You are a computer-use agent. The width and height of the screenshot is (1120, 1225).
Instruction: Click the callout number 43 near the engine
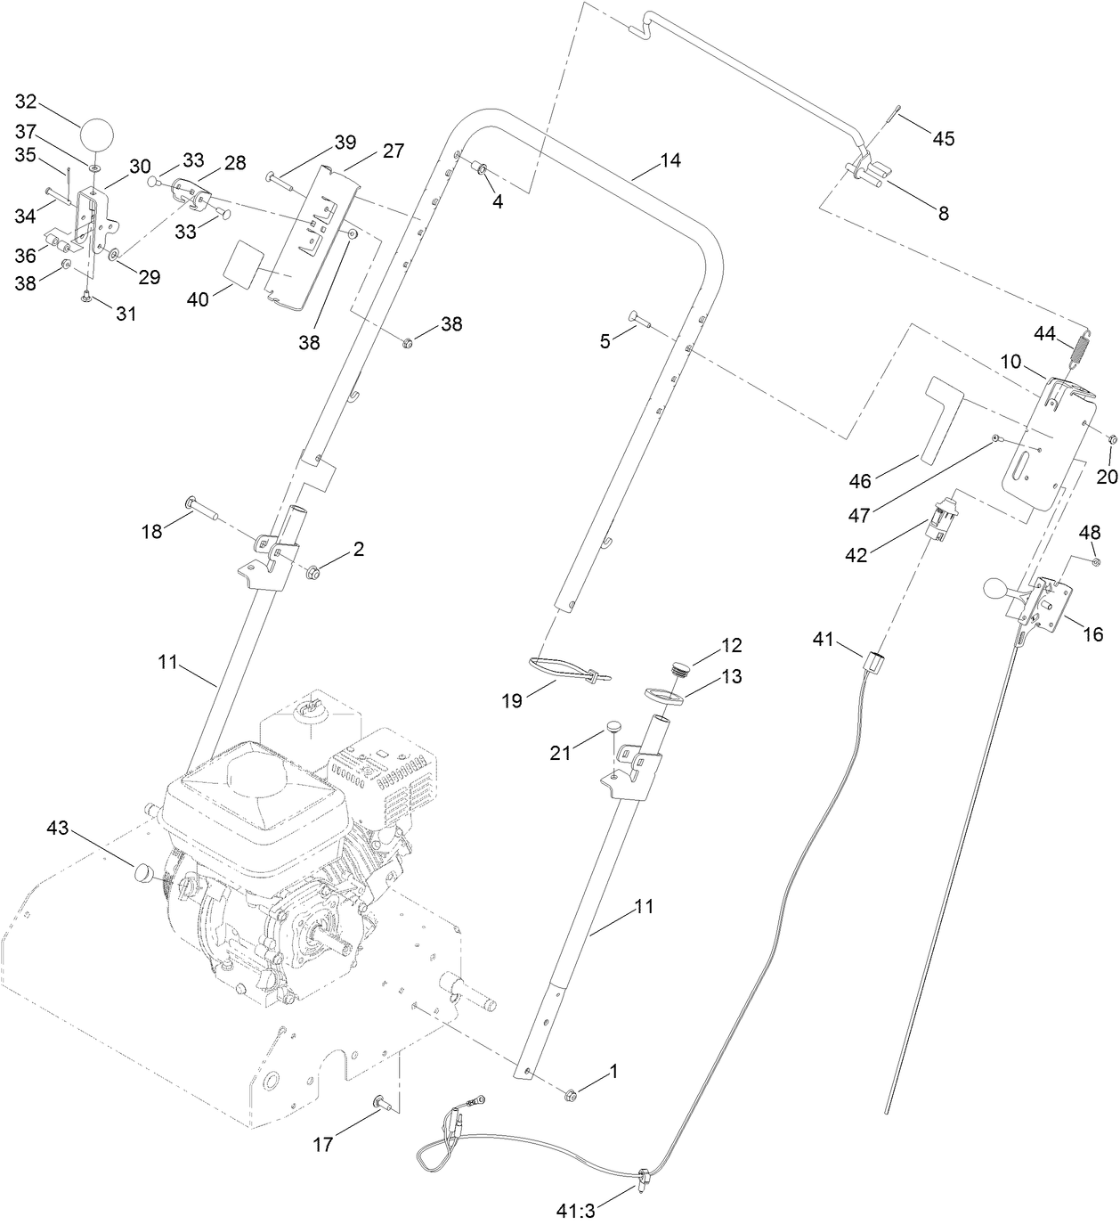coord(58,829)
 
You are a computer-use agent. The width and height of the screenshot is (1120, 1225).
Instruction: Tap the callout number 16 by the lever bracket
coord(1092,634)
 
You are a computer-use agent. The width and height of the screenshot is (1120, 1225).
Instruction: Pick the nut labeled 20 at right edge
coord(1112,438)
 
